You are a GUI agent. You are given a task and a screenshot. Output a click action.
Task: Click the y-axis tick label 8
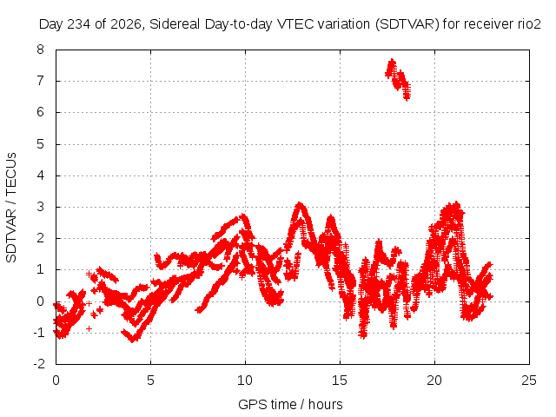(41, 50)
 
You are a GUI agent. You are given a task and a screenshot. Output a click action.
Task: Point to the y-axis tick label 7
(41, 81)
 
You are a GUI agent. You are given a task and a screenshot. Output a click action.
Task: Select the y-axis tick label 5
(41, 144)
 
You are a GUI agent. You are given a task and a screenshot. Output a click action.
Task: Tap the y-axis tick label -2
(39, 364)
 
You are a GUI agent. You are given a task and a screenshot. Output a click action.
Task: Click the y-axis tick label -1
(39, 333)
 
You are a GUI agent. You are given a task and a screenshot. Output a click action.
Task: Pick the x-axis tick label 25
(529, 381)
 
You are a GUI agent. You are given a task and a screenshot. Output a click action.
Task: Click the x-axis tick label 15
(340, 381)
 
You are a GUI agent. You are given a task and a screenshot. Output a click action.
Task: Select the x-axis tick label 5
(150, 381)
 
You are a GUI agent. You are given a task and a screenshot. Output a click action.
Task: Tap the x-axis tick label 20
(434, 381)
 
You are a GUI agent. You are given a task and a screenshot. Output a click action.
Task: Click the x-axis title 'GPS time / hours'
(290, 404)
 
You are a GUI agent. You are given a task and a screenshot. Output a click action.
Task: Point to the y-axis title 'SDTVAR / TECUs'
(11, 208)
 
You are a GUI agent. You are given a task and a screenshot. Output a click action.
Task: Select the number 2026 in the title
(126, 24)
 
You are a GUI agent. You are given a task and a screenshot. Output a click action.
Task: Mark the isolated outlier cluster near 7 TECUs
(398, 79)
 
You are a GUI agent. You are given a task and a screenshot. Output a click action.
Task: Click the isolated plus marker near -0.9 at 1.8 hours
(89, 328)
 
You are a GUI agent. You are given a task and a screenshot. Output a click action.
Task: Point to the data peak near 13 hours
(300, 204)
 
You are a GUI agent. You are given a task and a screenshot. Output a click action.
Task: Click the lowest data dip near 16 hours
(362, 334)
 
